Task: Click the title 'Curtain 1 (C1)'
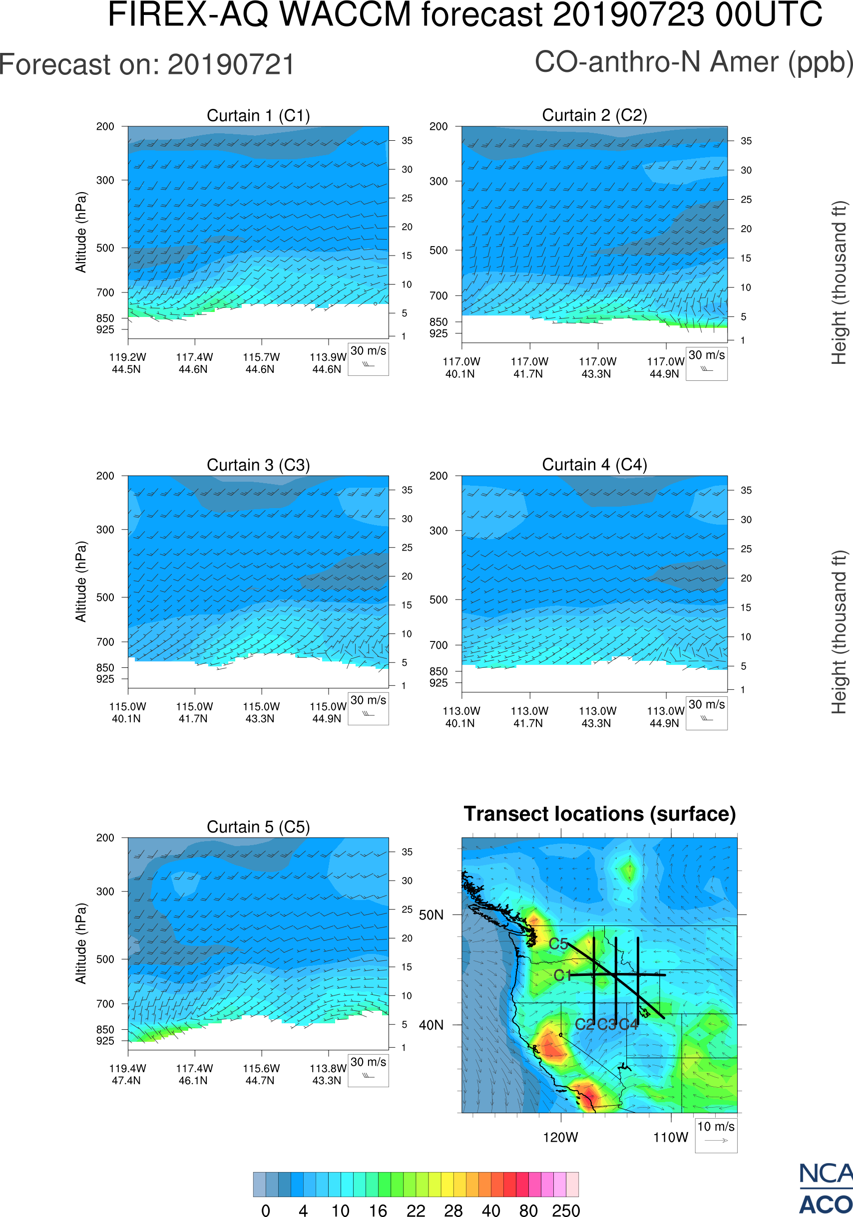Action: click(258, 115)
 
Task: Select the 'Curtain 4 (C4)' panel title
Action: click(594, 465)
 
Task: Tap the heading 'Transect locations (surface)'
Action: click(600, 814)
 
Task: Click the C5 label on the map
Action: click(558, 944)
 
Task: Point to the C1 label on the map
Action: click(562, 975)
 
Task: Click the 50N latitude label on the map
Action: click(431, 915)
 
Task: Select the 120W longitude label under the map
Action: click(560, 1137)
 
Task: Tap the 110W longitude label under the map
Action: click(670, 1137)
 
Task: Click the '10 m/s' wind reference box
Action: click(716, 1135)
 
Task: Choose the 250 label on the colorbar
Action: click(566, 1210)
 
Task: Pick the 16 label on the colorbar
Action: click(378, 1210)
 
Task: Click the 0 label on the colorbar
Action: click(266, 1210)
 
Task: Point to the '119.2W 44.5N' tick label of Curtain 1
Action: click(127, 363)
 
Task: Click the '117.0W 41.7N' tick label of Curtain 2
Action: click(529, 367)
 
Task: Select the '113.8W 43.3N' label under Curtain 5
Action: click(328, 1074)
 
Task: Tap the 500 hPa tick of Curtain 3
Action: click(105, 598)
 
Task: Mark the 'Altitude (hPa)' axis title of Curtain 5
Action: click(80, 943)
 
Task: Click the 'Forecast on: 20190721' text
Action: click(147, 65)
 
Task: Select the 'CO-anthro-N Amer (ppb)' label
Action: click(693, 62)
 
